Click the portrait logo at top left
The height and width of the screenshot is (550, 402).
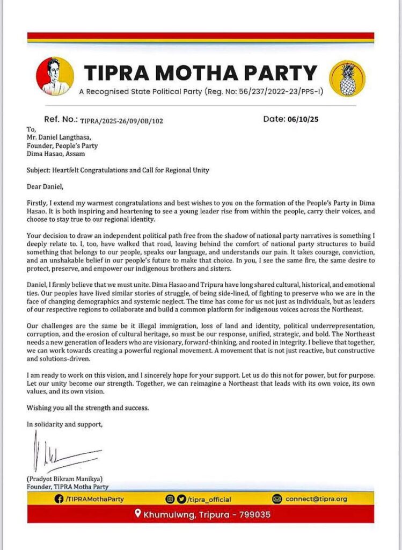point(55,76)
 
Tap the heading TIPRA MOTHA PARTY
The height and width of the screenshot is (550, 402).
point(201,73)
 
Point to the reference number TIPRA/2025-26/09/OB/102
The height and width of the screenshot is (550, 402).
point(121,121)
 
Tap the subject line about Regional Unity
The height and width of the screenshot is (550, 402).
point(118,170)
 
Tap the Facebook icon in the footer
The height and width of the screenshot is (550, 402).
point(59,498)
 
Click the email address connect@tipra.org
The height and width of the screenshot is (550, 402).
point(316,498)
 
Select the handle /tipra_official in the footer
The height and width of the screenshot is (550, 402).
point(209,498)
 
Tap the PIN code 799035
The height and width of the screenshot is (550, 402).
point(252,515)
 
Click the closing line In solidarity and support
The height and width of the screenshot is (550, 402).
point(64,424)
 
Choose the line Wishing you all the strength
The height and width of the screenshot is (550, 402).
point(87,408)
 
